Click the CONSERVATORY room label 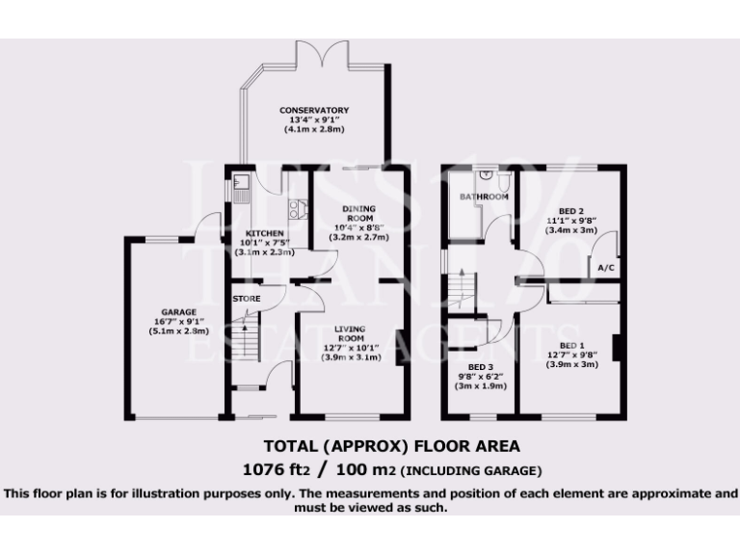point(314,111)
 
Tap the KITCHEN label point(264,234)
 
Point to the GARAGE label point(179,312)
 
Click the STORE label point(247,299)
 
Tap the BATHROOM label point(484,198)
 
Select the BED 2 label point(571,211)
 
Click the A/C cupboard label point(607,267)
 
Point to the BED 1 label point(572,345)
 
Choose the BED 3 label point(481,367)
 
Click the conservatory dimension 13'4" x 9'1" point(314,120)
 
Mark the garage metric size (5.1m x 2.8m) point(179,331)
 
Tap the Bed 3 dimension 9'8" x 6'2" point(481,377)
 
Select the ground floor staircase point(249,342)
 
